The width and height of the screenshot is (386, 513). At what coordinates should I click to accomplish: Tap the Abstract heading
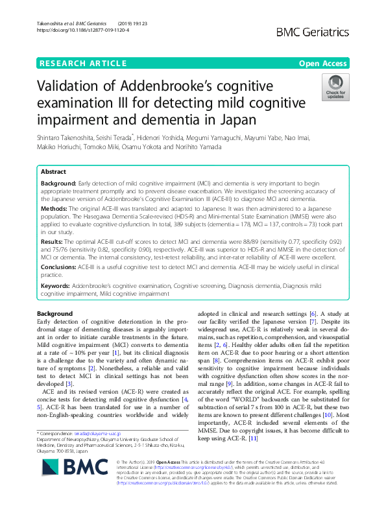[x=54, y=172]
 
